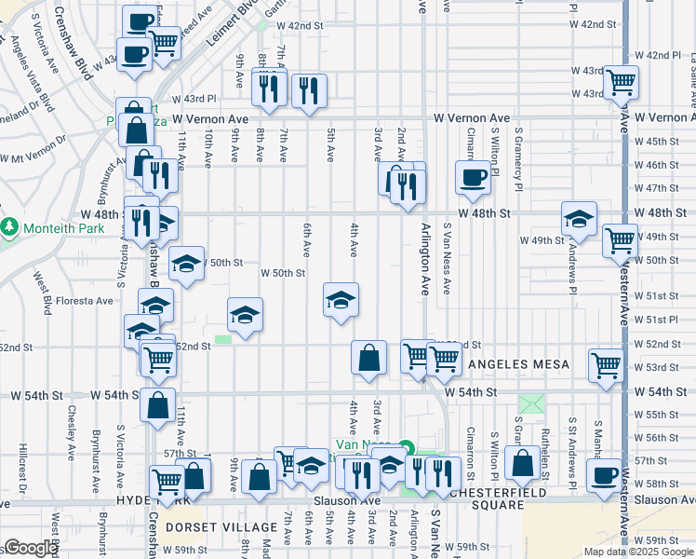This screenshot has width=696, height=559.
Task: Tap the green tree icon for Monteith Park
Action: pyautogui.click(x=10, y=227)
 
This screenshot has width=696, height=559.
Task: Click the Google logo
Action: pyautogui.click(x=31, y=548)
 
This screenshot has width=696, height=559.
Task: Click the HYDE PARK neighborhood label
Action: pyautogui.click(x=141, y=500)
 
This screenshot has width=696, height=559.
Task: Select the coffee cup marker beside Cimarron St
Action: pyautogui.click(x=472, y=177)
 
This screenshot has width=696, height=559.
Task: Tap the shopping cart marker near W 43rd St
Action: pyautogui.click(x=620, y=81)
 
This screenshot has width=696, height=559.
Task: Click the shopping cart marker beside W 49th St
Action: pyautogui.click(x=620, y=240)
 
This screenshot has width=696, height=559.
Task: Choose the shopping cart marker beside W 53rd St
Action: pyautogui.click(x=606, y=364)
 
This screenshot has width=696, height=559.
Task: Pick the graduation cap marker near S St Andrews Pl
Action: pyautogui.click(x=579, y=219)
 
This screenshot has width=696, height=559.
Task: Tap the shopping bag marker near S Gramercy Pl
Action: pyautogui.click(x=522, y=462)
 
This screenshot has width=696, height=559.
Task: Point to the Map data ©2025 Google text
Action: pyautogui.click(x=638, y=552)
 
